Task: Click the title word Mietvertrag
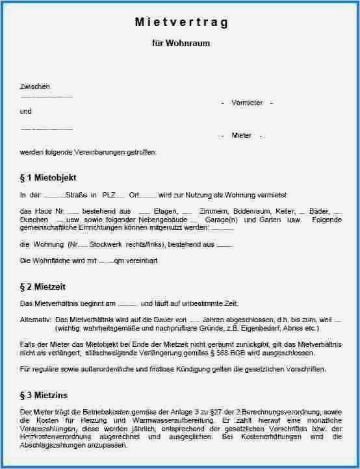pos(181,22)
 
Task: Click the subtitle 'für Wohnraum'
pos(181,44)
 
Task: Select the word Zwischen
pos(35,86)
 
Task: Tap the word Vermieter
pos(247,103)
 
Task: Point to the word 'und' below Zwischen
pos(25,111)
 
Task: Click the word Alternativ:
pos(36,320)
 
